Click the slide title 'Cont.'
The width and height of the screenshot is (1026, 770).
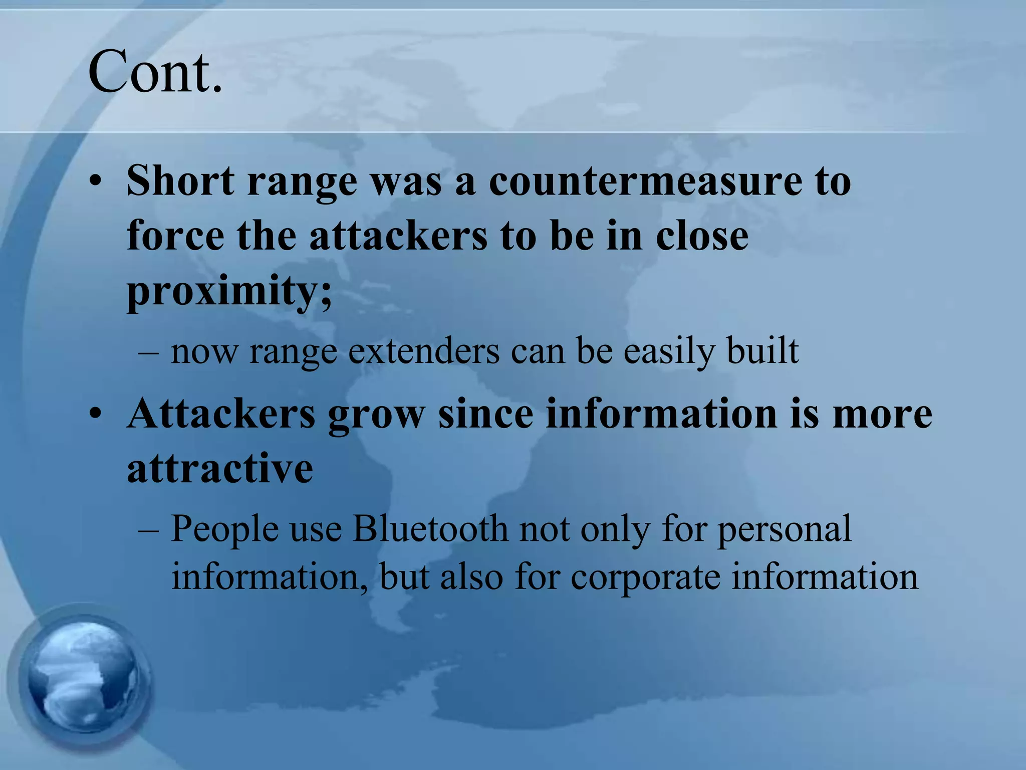155,73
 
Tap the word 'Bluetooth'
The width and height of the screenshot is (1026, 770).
430,529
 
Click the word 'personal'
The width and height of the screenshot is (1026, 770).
785,529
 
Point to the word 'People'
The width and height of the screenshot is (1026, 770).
225,529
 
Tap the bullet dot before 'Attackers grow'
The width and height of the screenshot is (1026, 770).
95,415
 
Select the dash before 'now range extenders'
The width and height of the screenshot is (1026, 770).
149,352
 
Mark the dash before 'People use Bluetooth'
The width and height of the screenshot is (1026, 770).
149,530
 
